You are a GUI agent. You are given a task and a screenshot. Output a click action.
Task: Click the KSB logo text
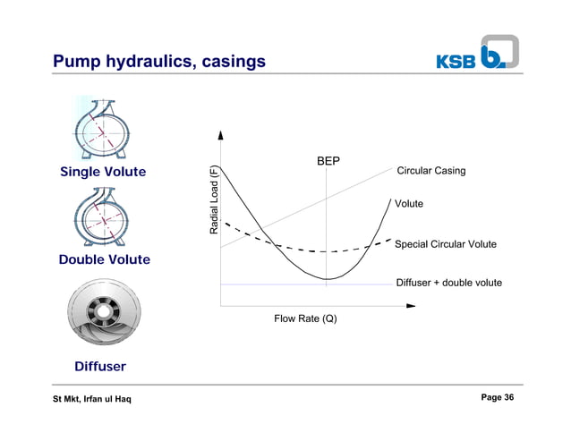456,61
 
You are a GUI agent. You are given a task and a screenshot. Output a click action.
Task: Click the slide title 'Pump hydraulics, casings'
159,62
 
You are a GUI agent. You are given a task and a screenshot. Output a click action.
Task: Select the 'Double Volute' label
105,259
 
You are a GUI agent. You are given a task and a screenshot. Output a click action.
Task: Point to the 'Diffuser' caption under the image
99,367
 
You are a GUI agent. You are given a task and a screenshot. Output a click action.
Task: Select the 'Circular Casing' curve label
430,171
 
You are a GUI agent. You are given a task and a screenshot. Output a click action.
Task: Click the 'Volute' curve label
409,204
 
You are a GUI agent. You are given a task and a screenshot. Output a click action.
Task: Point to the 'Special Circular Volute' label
445,244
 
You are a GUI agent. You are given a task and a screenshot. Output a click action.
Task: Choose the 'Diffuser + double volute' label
448,283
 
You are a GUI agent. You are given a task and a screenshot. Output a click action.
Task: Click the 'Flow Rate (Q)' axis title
305,318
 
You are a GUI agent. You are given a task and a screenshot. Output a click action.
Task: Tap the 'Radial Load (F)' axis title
214,200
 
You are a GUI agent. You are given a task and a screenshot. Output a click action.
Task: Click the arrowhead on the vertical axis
220,138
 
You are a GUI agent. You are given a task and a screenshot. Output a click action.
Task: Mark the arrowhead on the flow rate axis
411,305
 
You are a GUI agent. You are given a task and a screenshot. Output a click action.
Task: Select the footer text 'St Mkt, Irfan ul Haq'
92,399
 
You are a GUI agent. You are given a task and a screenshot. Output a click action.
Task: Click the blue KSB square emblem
499,53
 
